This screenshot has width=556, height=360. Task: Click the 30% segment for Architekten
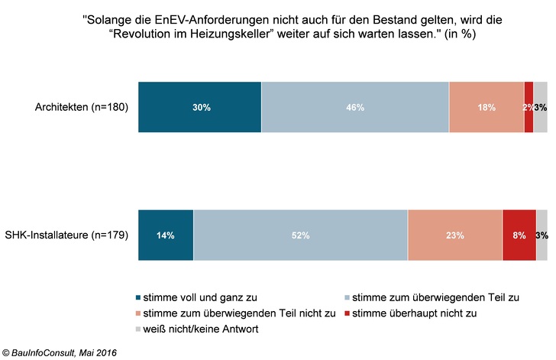[x=199, y=107]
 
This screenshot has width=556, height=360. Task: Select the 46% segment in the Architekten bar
[x=355, y=107]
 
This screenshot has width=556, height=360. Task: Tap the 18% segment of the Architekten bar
[x=486, y=107]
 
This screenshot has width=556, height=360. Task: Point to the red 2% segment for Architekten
[x=529, y=107]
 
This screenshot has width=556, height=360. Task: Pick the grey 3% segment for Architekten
[x=541, y=107]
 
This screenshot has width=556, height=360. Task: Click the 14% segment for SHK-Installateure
[x=166, y=235]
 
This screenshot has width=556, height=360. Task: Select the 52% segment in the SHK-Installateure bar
[x=300, y=235]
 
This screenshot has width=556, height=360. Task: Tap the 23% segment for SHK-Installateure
[x=455, y=235]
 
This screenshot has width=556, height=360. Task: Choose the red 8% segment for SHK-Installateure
[x=519, y=235]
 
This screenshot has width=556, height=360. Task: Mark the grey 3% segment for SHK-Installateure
[x=541, y=235]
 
